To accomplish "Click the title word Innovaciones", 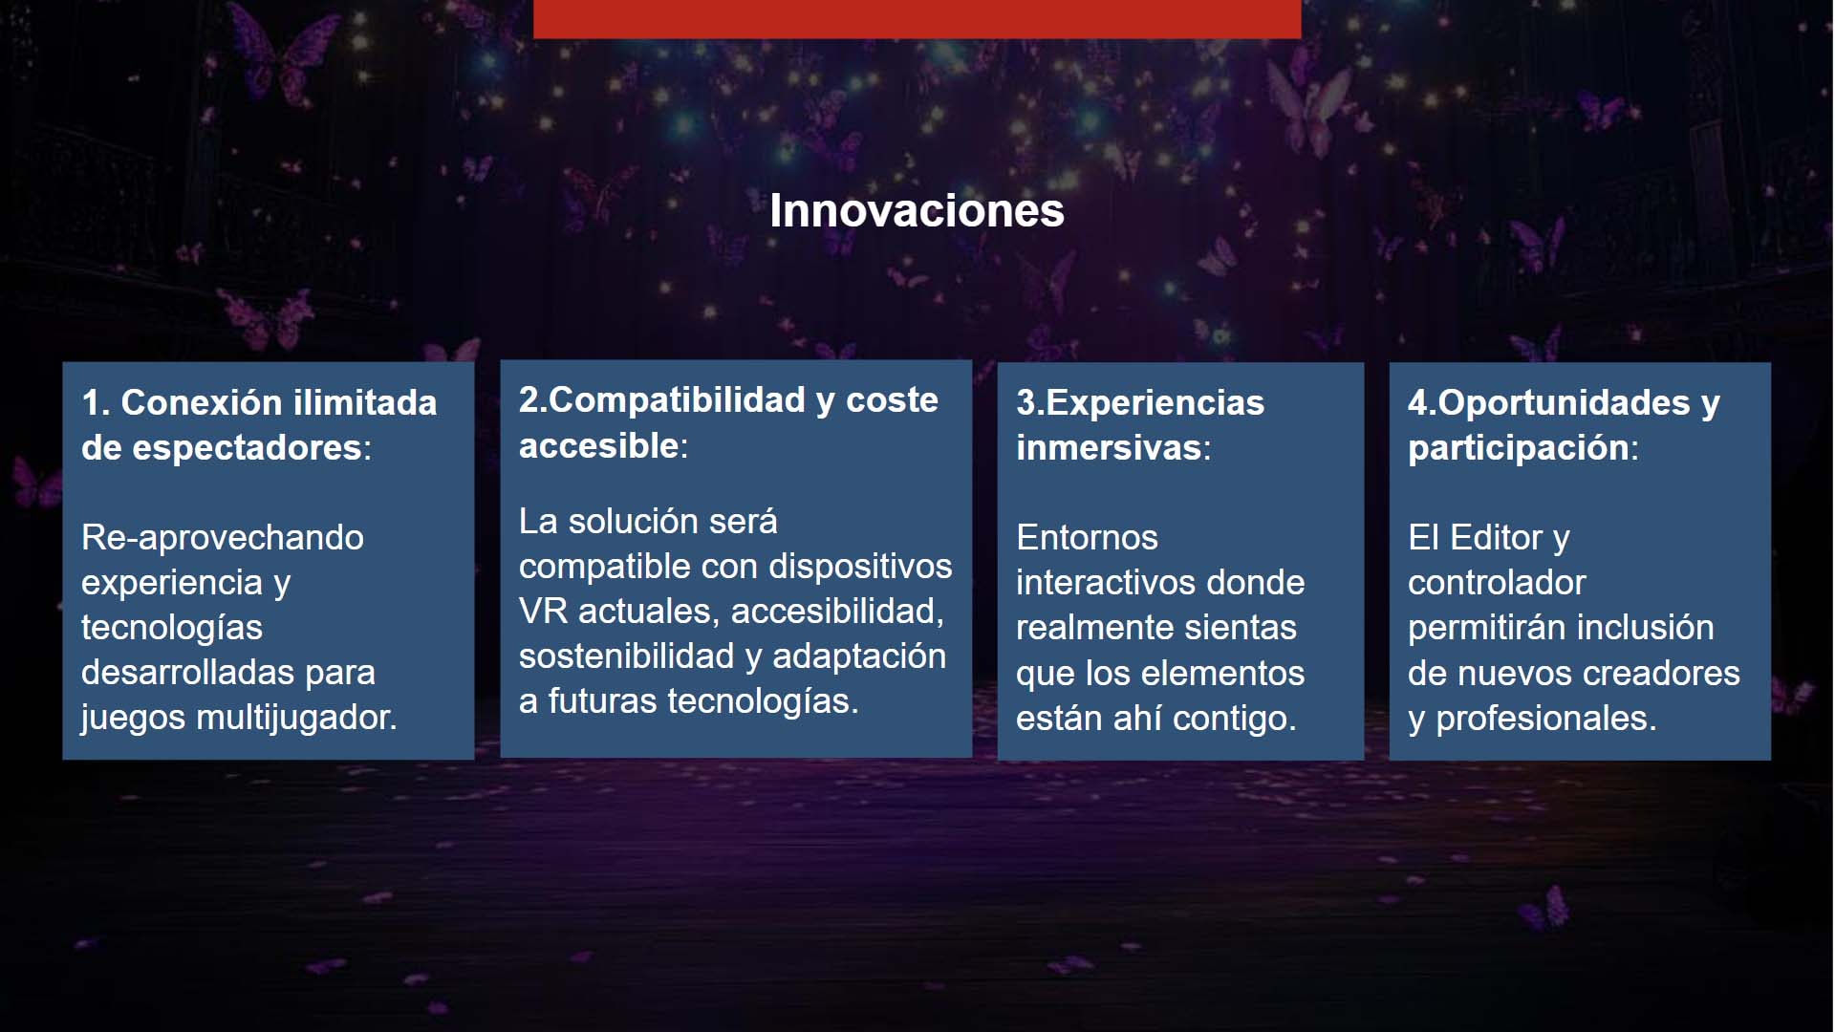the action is click(x=917, y=210).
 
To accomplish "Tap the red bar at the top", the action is click(x=917, y=19).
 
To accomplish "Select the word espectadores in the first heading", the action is click(x=247, y=448).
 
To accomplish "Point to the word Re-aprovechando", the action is click(x=223, y=538).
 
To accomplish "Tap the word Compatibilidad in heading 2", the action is click(x=678, y=400).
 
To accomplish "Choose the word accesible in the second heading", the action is click(x=599, y=445).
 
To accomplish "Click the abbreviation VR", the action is click(x=543, y=612).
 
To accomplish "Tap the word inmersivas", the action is click(x=1109, y=448).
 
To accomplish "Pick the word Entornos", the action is click(x=1087, y=538).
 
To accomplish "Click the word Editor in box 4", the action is click(x=1496, y=538).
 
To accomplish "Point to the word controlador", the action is click(x=1497, y=583).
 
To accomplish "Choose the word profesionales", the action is click(x=1546, y=720).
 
